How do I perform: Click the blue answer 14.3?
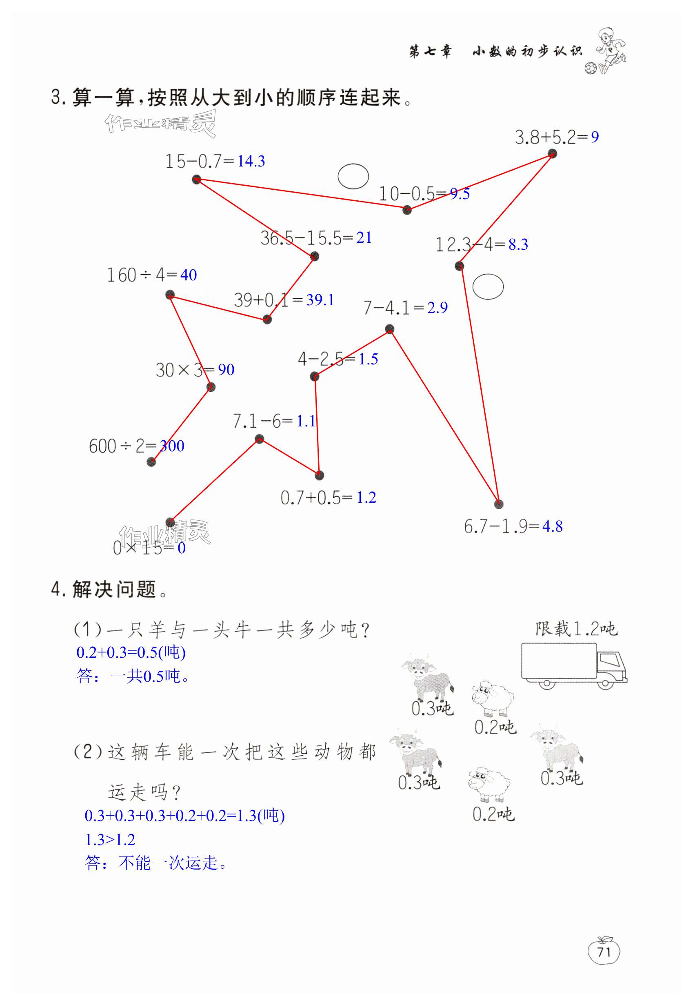pos(251,162)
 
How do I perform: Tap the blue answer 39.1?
pos(320,300)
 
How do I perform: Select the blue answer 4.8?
pos(552,527)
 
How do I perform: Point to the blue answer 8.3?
pos(518,244)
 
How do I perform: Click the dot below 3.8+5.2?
pos(552,153)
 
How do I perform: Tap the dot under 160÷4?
pos(170,295)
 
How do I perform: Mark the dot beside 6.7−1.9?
pos(498,504)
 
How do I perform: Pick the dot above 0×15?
pos(170,522)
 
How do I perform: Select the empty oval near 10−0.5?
pos(353,176)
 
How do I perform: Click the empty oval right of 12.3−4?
pos(488,286)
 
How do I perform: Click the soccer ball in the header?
pos(590,69)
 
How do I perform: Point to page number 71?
pos(604,952)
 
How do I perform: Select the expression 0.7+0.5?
pos(311,498)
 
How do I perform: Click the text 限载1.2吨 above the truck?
pos(576,629)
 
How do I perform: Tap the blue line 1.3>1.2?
pos(110,840)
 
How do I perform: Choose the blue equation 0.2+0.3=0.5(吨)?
pos(131,652)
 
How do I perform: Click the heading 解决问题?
pos(114,590)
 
